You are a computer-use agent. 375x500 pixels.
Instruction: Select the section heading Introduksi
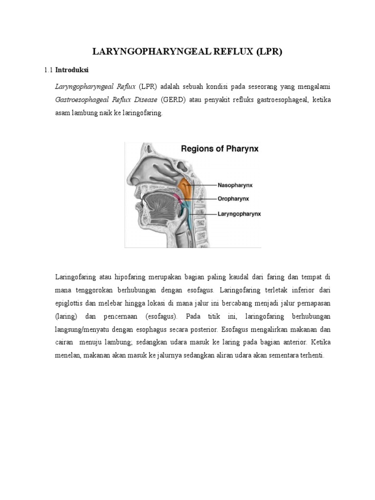click(71, 70)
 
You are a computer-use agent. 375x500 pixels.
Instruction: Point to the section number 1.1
click(48, 70)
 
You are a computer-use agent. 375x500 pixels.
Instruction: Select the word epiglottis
click(71, 303)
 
